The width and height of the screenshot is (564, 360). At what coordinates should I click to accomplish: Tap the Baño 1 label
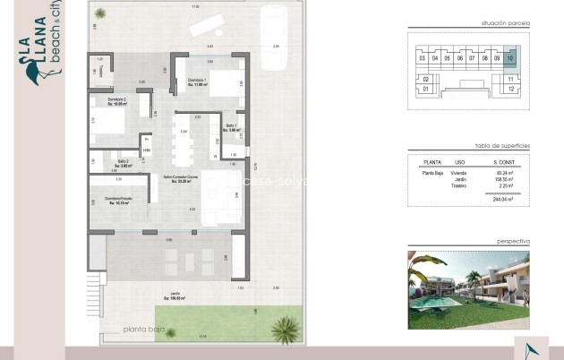[230, 127]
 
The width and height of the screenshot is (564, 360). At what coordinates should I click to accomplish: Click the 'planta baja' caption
[146, 328]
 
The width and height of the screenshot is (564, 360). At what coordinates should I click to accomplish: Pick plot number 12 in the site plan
[509, 90]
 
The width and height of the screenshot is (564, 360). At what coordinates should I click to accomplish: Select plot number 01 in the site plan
[425, 90]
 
